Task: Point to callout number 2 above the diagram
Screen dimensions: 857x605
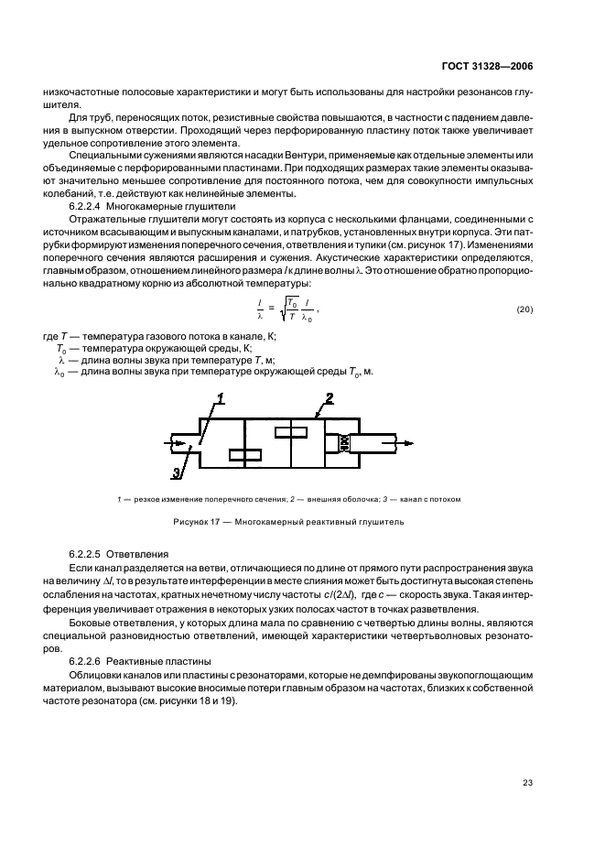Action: (330, 397)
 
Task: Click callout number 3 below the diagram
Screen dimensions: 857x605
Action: (176, 472)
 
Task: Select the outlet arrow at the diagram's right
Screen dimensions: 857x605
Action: (404, 443)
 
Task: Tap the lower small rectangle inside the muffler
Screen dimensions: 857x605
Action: (245, 454)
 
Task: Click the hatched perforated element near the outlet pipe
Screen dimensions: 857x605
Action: (346, 443)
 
